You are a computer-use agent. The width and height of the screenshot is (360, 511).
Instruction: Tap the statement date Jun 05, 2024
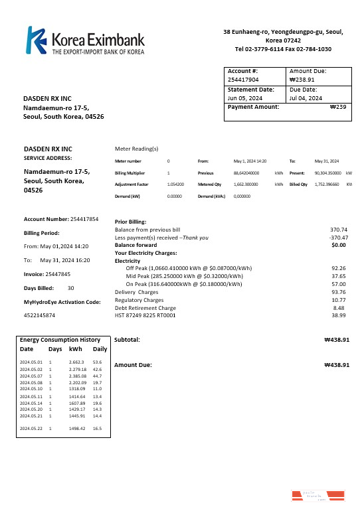(246, 98)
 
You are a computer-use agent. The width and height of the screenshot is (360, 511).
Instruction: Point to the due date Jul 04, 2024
(306, 98)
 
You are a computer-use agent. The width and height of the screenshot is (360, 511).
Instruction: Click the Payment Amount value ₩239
(338, 107)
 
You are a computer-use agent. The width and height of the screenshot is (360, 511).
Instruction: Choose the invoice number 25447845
(63, 273)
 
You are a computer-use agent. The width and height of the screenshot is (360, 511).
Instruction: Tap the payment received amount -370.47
(338, 237)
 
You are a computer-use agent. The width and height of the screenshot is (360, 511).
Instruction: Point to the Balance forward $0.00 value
(339, 245)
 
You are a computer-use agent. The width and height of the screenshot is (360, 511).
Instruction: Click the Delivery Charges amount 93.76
(339, 291)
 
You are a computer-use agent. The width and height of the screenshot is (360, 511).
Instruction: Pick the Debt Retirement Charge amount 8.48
(341, 307)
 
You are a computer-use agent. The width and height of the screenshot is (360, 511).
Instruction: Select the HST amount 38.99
(339, 315)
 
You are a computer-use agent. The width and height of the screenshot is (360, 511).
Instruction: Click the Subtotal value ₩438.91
(336, 339)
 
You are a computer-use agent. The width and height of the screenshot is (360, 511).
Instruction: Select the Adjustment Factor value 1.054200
(176, 184)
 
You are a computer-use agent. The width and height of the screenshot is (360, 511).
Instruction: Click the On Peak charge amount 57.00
(339, 283)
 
